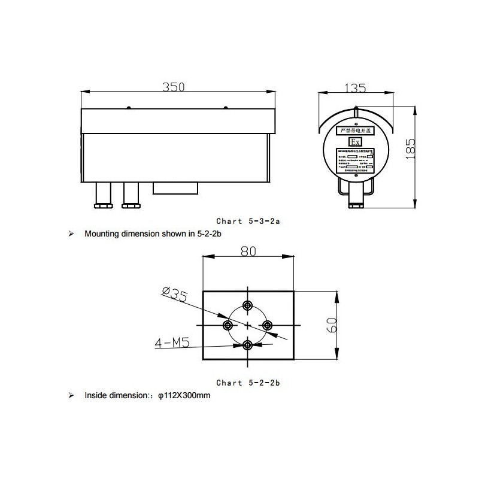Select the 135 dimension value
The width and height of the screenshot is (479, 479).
point(356,88)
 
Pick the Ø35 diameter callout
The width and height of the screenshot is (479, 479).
point(175,293)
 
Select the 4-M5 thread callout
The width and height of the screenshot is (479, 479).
point(172,343)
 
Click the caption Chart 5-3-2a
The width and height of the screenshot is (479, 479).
point(248,221)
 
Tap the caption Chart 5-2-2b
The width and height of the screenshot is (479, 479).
point(248,382)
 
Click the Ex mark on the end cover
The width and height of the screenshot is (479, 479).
point(355,142)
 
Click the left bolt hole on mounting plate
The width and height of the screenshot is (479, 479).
point(228,325)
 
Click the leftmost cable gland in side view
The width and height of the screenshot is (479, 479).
point(103,196)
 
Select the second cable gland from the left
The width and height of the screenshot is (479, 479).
point(130,196)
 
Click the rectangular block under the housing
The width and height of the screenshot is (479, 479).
point(175,188)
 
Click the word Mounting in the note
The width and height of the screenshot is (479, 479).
point(101,234)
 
